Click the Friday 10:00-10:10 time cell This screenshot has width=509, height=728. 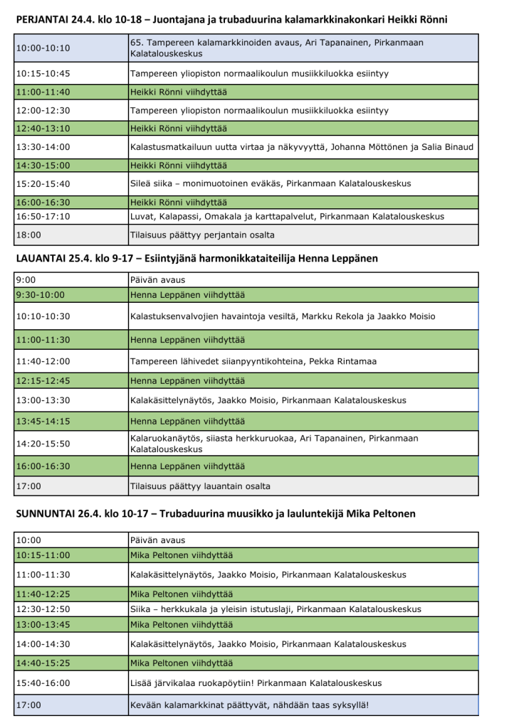[x=70, y=48]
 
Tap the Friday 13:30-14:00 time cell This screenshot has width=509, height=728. [x=70, y=147]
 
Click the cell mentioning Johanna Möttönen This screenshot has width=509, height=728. [x=302, y=147]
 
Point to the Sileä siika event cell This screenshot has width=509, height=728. [x=302, y=183]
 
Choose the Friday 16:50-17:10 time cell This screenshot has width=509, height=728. [x=70, y=216]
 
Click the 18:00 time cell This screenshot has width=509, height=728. [x=70, y=235]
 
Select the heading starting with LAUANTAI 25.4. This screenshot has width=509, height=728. [x=195, y=258]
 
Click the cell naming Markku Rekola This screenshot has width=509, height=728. [x=302, y=316]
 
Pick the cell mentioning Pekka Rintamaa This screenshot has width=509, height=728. [x=302, y=361]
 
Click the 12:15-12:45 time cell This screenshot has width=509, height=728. [x=70, y=381]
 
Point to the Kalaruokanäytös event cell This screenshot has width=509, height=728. [x=302, y=444]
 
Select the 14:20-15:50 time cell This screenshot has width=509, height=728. [x=70, y=444]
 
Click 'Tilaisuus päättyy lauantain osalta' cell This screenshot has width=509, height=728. [x=302, y=486]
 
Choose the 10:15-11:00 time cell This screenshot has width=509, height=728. [x=70, y=555]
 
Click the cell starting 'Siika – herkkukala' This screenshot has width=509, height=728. [x=302, y=609]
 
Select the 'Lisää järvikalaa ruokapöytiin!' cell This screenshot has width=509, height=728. [x=302, y=682]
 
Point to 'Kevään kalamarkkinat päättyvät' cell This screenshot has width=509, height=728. [x=302, y=705]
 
